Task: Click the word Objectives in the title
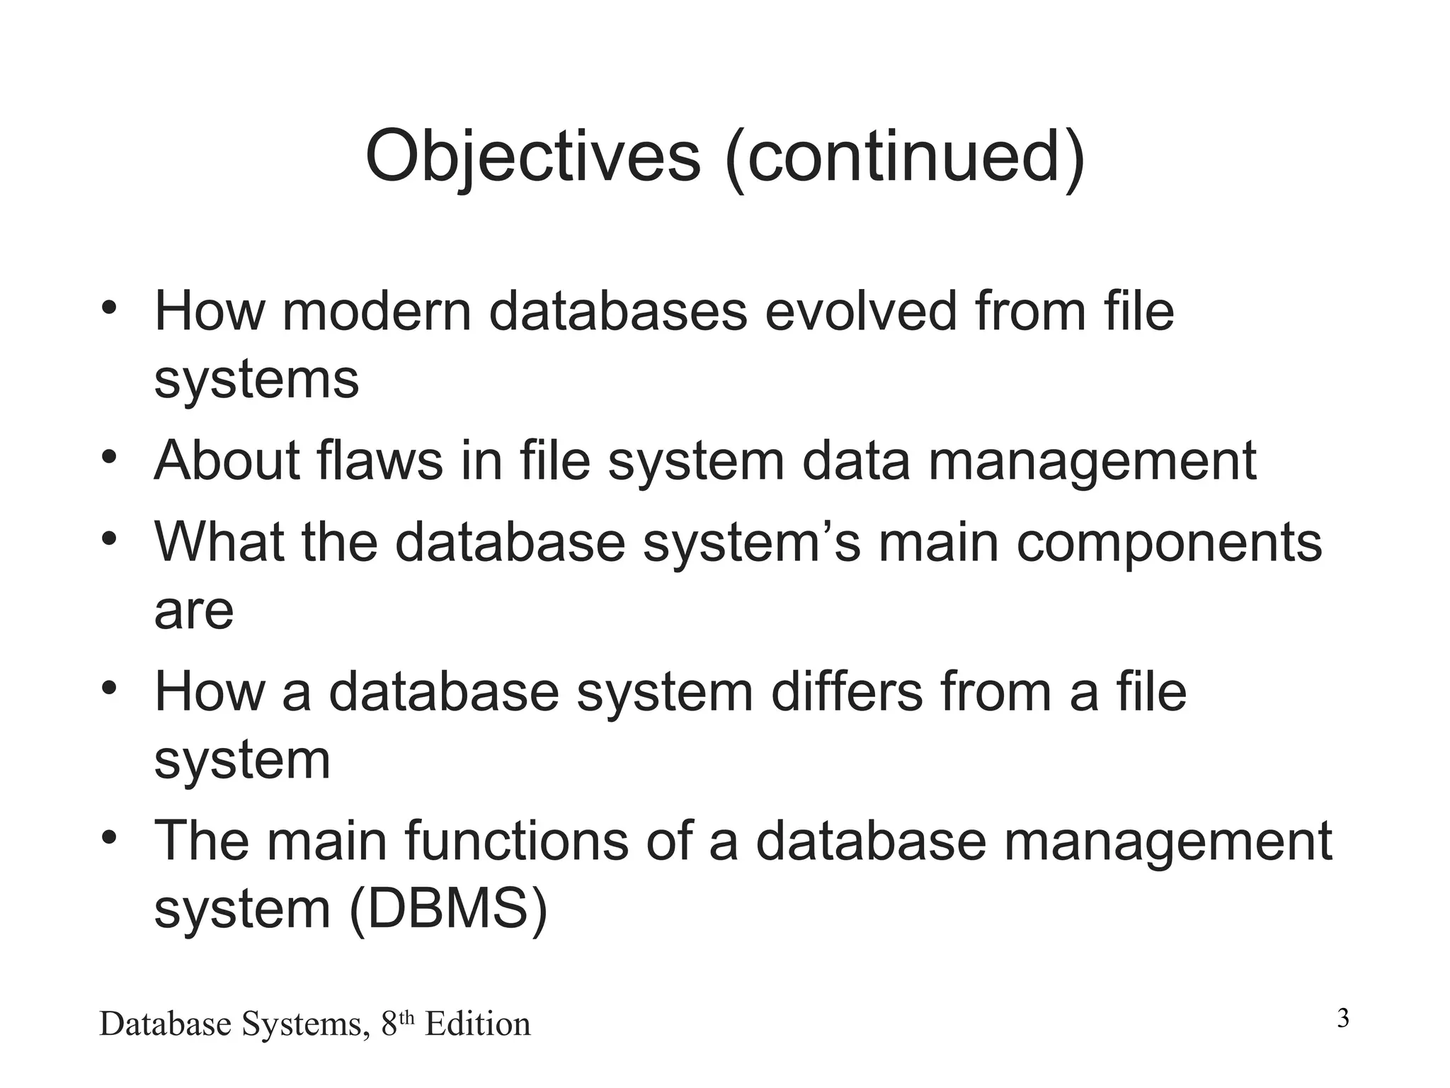tap(533, 156)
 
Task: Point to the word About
tap(227, 460)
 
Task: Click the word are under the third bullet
tap(194, 611)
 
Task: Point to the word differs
tap(847, 691)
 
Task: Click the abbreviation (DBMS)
tap(449, 909)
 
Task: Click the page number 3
tap(1343, 1019)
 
